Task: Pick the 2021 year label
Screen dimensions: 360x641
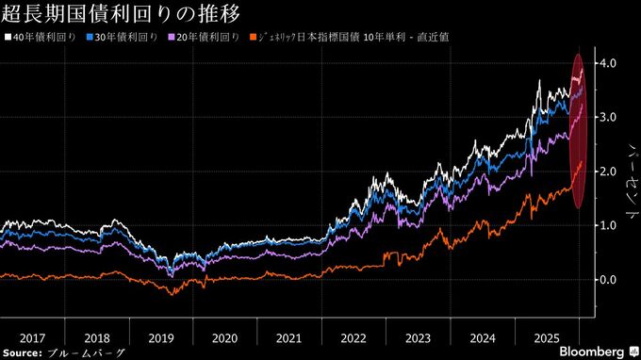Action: click(x=288, y=337)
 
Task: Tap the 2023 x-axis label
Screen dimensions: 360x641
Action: click(x=418, y=337)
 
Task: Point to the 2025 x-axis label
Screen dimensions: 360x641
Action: click(x=546, y=337)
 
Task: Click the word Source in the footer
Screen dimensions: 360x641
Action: click(x=23, y=352)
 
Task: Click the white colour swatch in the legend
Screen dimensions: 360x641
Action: click(x=8, y=39)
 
